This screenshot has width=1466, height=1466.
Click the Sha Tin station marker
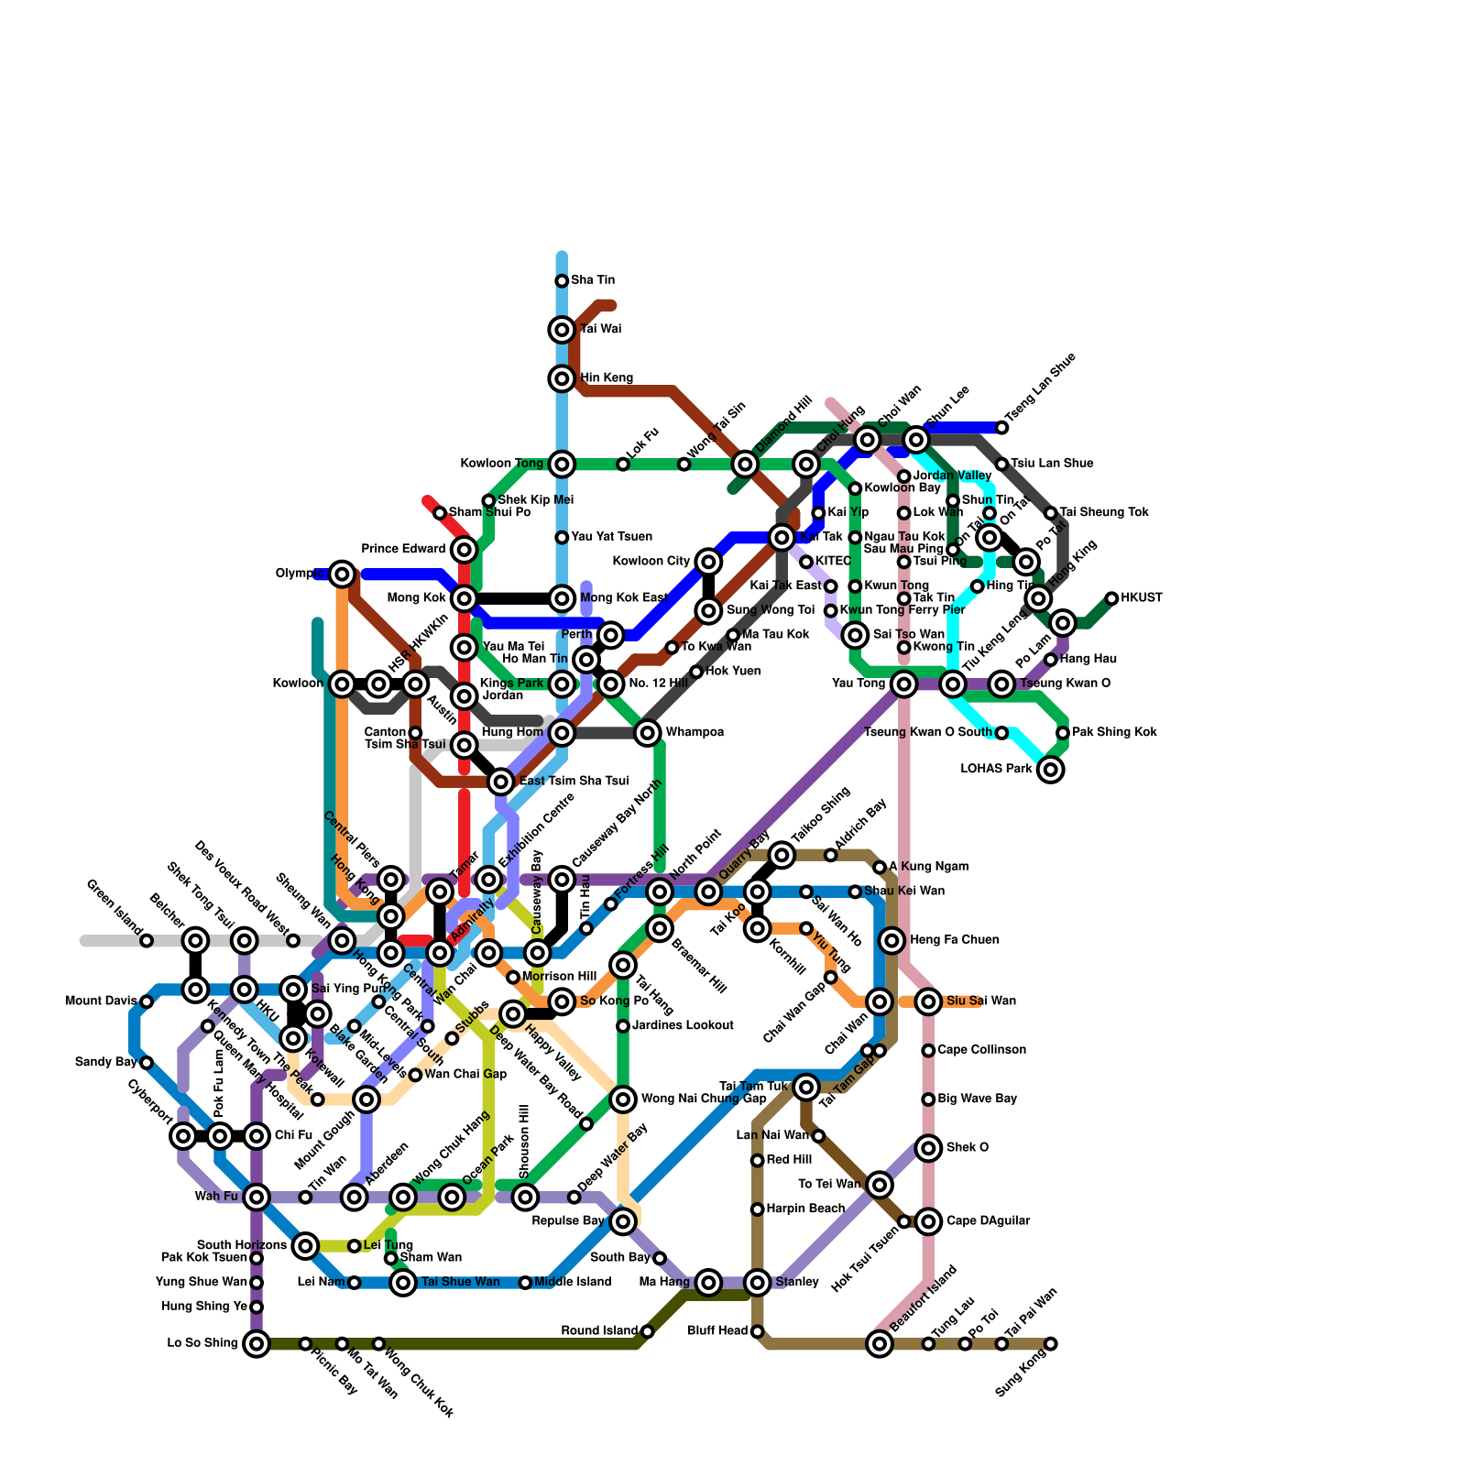point(562,280)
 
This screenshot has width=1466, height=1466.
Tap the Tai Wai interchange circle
point(562,330)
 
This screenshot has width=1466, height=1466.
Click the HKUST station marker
point(1111,598)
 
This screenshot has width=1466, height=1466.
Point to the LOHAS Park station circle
point(1051,770)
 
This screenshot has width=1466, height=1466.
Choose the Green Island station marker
point(147,941)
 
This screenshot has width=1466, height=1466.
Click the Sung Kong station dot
point(1051,1344)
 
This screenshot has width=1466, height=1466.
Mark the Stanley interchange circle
point(757,1283)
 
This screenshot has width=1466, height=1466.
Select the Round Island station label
point(599,1330)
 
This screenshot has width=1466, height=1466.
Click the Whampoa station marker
point(648,733)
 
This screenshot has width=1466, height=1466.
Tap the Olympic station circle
point(343,574)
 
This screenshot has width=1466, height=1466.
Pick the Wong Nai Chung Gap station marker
point(623,1099)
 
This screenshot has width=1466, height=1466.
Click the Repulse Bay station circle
point(623,1221)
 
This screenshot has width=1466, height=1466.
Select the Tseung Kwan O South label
point(928,732)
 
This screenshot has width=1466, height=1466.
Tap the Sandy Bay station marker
point(147,1063)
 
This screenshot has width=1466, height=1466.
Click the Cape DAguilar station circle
point(929,1221)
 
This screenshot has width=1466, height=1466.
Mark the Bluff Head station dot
point(757,1331)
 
